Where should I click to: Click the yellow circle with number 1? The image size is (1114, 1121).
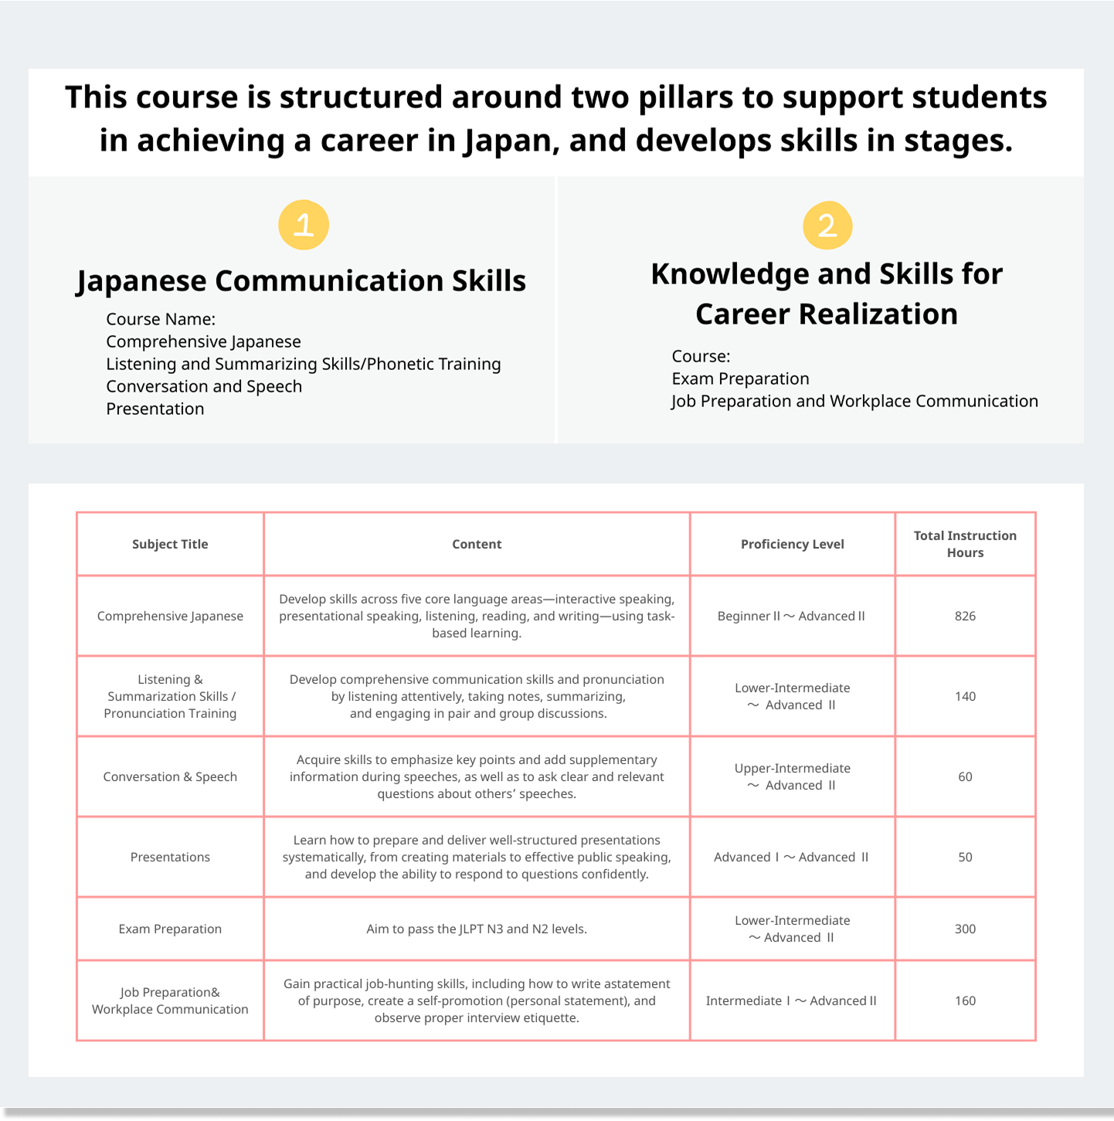[x=304, y=225]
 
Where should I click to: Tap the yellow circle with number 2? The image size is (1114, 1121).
[x=827, y=226]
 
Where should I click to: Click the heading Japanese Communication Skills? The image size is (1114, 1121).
[x=301, y=281]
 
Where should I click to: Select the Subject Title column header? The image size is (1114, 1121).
[x=170, y=544]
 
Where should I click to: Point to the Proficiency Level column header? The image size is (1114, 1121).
[x=792, y=544]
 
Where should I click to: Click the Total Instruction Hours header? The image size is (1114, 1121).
[x=965, y=544]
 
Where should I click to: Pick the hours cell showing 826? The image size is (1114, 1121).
[x=965, y=616]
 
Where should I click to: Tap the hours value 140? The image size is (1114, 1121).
[x=965, y=696]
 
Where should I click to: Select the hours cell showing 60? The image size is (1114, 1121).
[x=965, y=776]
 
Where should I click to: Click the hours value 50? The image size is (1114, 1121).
[x=965, y=857]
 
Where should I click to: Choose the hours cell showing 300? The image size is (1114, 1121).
[x=965, y=929]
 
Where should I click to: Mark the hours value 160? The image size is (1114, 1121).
[x=965, y=1000]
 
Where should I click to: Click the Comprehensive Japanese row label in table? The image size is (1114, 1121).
[x=170, y=616]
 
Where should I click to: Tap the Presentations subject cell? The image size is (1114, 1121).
[x=170, y=857]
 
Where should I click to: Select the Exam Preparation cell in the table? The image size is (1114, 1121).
[x=170, y=929]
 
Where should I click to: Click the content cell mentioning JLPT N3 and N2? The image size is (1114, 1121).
[x=477, y=929]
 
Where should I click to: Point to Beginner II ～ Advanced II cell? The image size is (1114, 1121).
[x=791, y=616]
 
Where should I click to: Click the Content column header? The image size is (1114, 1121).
[x=477, y=544]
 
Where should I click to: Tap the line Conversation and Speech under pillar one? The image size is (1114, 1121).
[x=204, y=386]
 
